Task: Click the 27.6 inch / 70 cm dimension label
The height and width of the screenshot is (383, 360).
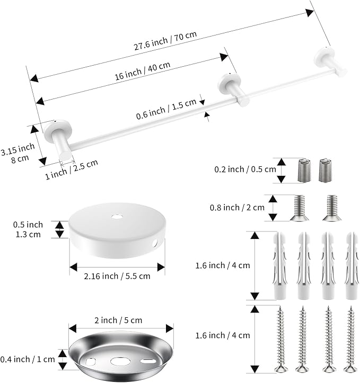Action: point(165,41)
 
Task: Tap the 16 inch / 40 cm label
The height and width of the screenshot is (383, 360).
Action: point(143,71)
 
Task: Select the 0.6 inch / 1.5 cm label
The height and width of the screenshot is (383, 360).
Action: point(166,109)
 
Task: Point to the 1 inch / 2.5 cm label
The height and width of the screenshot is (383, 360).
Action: point(72,170)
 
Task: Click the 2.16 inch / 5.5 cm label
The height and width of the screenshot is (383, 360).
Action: point(117,277)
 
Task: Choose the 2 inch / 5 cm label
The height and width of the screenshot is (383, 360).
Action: point(118,320)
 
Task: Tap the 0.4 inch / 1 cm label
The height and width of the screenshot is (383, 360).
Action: point(28,359)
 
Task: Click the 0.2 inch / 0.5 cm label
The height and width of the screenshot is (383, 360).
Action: point(245,170)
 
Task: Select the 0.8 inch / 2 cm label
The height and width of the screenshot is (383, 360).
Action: point(237,208)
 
